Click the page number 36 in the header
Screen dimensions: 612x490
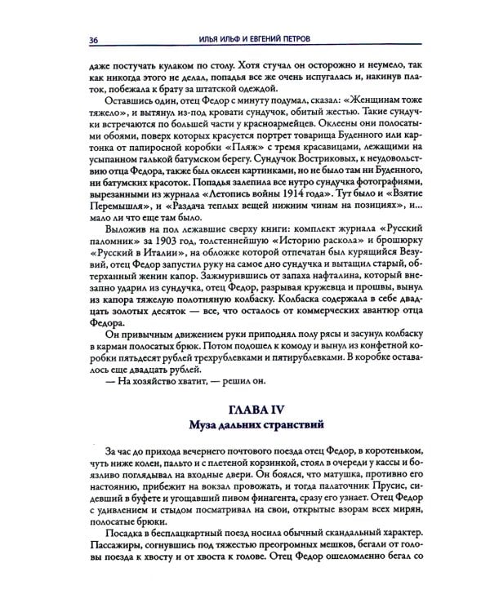[x=82, y=40]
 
